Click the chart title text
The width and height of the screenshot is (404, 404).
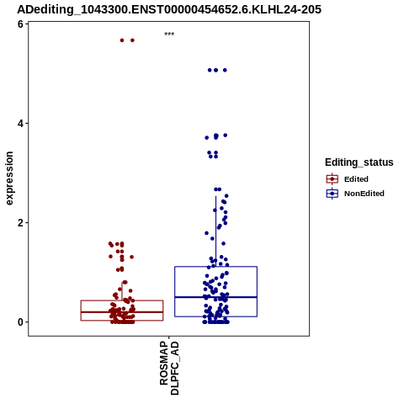coord(169,9)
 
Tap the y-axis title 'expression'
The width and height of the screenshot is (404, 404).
coord(9,178)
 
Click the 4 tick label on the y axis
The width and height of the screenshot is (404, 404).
coord(20,124)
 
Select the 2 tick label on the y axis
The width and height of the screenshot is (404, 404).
coord(20,223)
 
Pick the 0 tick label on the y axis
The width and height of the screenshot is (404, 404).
coord(20,322)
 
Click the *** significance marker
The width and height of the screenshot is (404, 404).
coord(169,34)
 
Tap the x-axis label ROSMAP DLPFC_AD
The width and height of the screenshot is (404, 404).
coord(169,368)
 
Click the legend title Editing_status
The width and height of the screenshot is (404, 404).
coord(359,162)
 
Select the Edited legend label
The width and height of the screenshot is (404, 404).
coord(356,179)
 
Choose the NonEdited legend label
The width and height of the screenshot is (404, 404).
coord(364,194)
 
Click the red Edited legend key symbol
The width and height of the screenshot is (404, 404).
coord(332,179)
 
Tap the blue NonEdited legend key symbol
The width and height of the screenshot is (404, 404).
coord(332,194)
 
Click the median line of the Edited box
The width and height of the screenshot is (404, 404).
coord(122,312)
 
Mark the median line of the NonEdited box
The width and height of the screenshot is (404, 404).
coord(215,297)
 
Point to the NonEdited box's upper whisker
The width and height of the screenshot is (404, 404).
coord(215,231)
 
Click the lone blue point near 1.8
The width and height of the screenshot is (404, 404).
coord(206,233)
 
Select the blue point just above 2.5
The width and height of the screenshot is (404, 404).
coord(226,196)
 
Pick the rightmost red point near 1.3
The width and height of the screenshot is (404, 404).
coord(131,257)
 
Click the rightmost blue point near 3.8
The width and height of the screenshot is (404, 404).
coord(225,136)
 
